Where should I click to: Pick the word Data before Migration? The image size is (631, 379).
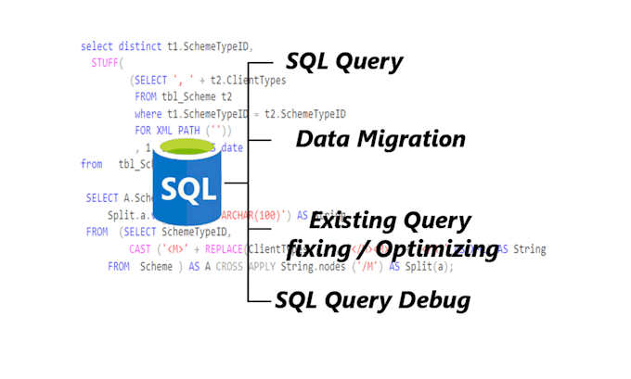tap(320, 140)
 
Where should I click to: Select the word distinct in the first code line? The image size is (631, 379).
tap(139, 45)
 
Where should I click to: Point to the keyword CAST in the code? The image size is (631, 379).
tap(140, 248)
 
